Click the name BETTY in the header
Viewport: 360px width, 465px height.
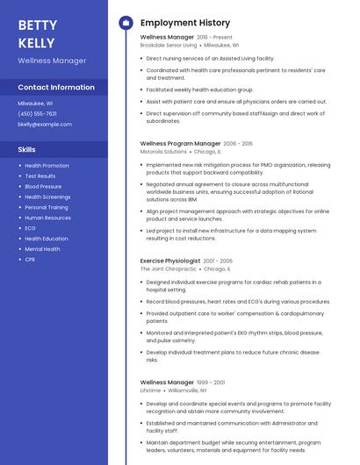click(36, 25)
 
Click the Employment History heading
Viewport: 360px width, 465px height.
click(185, 23)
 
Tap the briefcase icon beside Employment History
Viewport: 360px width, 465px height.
click(126, 23)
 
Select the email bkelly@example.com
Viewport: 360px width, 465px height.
click(45, 125)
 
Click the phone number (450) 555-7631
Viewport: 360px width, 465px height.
click(37, 113)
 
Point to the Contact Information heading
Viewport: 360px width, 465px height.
click(56, 88)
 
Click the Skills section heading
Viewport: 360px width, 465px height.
click(26, 150)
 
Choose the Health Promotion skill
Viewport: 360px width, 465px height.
click(47, 165)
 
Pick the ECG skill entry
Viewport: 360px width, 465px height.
click(30, 228)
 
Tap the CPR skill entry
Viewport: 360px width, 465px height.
click(30, 260)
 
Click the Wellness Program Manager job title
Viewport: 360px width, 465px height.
click(180, 143)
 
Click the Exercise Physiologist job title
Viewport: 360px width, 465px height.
click(169, 261)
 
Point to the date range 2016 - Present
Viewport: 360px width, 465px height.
click(215, 38)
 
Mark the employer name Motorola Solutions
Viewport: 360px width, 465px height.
click(163, 151)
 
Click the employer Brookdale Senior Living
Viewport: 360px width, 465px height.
click(169, 45)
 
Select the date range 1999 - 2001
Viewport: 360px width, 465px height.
click(211, 383)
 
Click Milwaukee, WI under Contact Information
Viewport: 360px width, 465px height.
click(35, 103)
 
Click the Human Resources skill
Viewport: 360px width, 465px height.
click(47, 218)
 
